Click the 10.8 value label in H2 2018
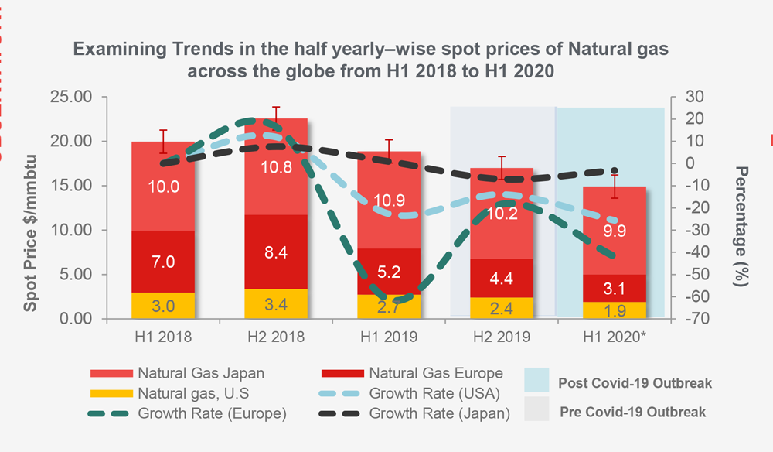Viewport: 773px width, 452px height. (276, 167)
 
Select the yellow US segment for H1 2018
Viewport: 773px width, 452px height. (163, 305)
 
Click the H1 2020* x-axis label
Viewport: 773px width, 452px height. (614, 337)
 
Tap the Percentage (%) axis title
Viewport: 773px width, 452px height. (742, 227)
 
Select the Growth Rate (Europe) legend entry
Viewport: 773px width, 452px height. (190, 413)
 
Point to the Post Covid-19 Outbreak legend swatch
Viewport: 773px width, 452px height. (538, 380)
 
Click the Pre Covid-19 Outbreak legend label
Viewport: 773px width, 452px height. (632, 412)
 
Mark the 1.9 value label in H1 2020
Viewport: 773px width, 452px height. (614, 310)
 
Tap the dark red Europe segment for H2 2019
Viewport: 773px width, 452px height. (501, 278)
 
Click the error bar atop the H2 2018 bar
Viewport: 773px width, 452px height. (276, 113)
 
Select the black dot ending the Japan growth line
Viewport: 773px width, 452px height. (615, 170)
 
